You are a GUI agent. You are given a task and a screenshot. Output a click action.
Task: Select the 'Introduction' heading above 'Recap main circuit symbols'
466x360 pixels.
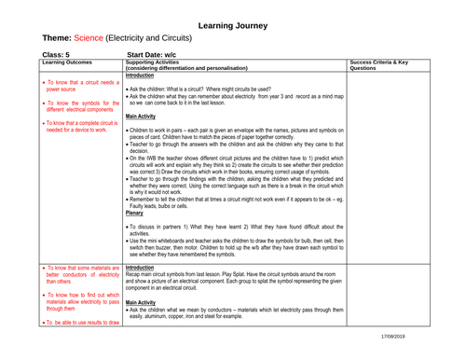point(144,266)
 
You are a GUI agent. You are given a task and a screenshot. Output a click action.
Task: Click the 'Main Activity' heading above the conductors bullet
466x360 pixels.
point(146,302)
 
